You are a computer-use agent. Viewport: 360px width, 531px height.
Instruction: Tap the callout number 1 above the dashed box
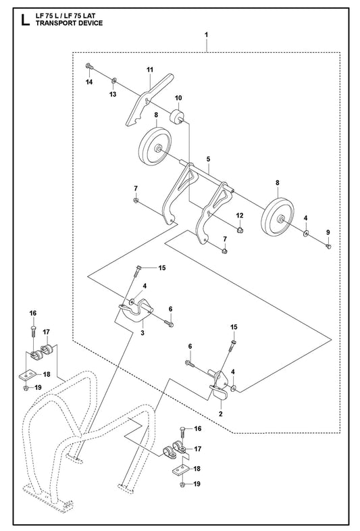click(206, 34)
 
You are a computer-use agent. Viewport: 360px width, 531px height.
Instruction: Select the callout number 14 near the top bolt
click(89, 82)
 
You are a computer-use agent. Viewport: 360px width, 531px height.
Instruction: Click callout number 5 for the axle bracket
click(208, 159)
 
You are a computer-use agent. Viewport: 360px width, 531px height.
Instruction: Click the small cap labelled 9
click(328, 247)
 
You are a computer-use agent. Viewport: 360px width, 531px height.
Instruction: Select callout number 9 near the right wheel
click(328, 232)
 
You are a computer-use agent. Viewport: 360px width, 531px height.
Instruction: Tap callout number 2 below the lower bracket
click(220, 413)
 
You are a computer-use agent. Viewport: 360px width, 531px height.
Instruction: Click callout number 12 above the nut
click(240, 216)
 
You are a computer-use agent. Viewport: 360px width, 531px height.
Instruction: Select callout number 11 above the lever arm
click(150, 70)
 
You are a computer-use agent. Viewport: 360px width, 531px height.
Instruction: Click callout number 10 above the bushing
click(178, 98)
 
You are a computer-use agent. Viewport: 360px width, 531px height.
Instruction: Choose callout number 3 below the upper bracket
click(143, 332)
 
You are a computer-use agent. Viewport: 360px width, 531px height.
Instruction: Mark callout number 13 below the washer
click(113, 94)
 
